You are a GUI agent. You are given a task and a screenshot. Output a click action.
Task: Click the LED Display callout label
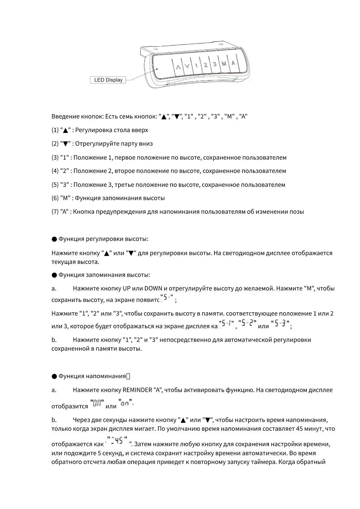[x=108, y=80]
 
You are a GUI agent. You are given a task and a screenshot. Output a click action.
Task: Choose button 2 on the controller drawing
[x=206, y=65]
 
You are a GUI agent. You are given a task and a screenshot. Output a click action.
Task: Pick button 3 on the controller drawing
[x=215, y=64]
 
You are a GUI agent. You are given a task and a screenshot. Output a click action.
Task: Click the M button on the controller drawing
[x=224, y=64]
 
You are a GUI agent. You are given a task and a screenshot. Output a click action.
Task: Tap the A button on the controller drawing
[x=233, y=63]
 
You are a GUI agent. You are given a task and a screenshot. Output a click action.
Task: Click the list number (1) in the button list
[x=55, y=130]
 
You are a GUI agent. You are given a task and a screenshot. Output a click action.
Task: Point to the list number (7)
[x=55, y=212]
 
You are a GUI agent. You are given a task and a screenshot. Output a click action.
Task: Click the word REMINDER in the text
[x=137, y=390]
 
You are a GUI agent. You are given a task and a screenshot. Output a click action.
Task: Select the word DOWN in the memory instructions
[x=153, y=288]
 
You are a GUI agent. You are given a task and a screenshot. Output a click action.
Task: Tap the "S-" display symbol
[x=167, y=297]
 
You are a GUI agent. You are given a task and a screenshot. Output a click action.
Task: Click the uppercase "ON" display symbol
[x=97, y=403]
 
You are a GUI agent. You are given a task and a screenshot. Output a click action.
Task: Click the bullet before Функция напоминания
[x=54, y=376]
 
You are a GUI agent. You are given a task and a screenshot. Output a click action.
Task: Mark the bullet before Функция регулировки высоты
[x=54, y=239]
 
